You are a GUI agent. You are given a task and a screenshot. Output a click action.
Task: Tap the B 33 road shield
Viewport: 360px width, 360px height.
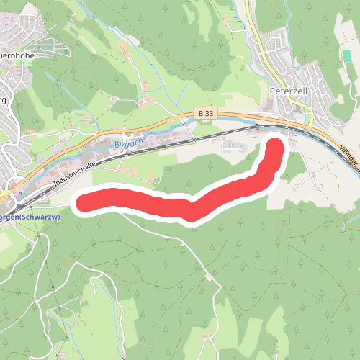205,113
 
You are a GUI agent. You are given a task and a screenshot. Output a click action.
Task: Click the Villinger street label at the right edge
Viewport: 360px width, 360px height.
348,153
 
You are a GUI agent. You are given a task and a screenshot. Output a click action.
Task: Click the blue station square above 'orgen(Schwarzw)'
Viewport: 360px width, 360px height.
12,202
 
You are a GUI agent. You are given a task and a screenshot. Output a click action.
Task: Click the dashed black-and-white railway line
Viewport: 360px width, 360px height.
180,140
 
